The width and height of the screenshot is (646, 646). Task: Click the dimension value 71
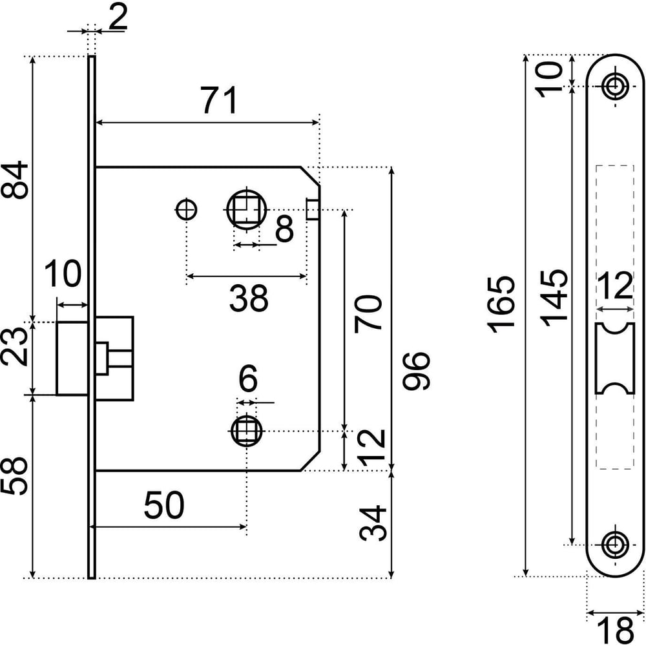(x=220, y=100)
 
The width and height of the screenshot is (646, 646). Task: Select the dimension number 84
(x=14, y=181)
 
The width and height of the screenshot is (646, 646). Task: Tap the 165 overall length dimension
(x=501, y=304)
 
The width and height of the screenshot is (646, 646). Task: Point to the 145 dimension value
(x=554, y=298)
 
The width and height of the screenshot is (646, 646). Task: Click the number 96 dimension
(x=416, y=371)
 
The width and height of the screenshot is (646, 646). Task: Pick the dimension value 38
(x=249, y=298)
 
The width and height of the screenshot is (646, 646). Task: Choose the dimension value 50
(x=164, y=505)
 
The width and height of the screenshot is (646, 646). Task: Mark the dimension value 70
(x=368, y=313)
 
